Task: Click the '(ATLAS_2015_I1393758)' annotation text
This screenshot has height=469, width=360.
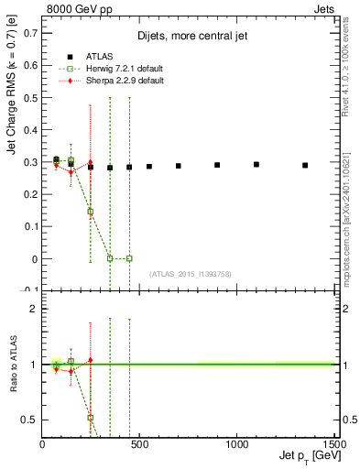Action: pyautogui.click(x=190, y=273)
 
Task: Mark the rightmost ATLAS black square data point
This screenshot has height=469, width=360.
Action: pyautogui.click(x=305, y=166)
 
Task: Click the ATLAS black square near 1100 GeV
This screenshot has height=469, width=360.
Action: pyautogui.click(x=256, y=165)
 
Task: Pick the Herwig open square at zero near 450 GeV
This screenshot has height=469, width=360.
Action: pyautogui.click(x=129, y=258)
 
